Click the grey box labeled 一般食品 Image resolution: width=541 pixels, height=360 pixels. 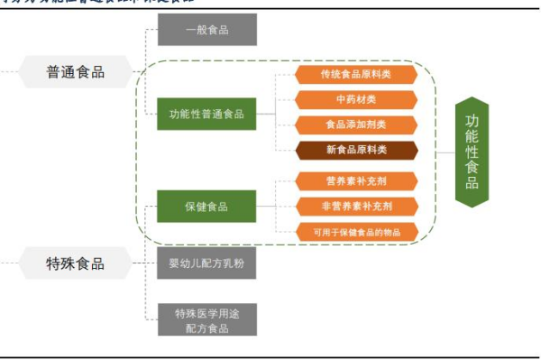pos(206,30)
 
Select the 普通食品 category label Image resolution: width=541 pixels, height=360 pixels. pos(75,71)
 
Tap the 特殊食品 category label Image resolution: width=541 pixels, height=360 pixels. pos(75,263)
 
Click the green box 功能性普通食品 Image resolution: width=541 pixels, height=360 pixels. pos(206,115)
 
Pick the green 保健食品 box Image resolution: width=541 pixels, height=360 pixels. pos(206,207)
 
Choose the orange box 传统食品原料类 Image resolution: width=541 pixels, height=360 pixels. pos(355,74)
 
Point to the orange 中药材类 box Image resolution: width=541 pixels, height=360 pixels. pos(355,99)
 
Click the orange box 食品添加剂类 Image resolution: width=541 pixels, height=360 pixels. pos(355,125)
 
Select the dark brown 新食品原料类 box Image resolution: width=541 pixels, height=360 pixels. pos(355,150)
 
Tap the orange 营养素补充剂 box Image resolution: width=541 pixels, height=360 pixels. pos(357,180)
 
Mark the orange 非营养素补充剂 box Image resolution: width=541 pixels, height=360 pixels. pos(357,207)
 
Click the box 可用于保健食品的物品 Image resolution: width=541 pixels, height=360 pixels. pos(357,232)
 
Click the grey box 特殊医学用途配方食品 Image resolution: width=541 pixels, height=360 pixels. pos(206,319)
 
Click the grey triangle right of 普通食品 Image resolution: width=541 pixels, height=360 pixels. pos(135,71)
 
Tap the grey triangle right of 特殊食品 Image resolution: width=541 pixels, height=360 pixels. pos(135,263)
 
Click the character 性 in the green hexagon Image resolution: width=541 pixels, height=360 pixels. pos(472,151)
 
